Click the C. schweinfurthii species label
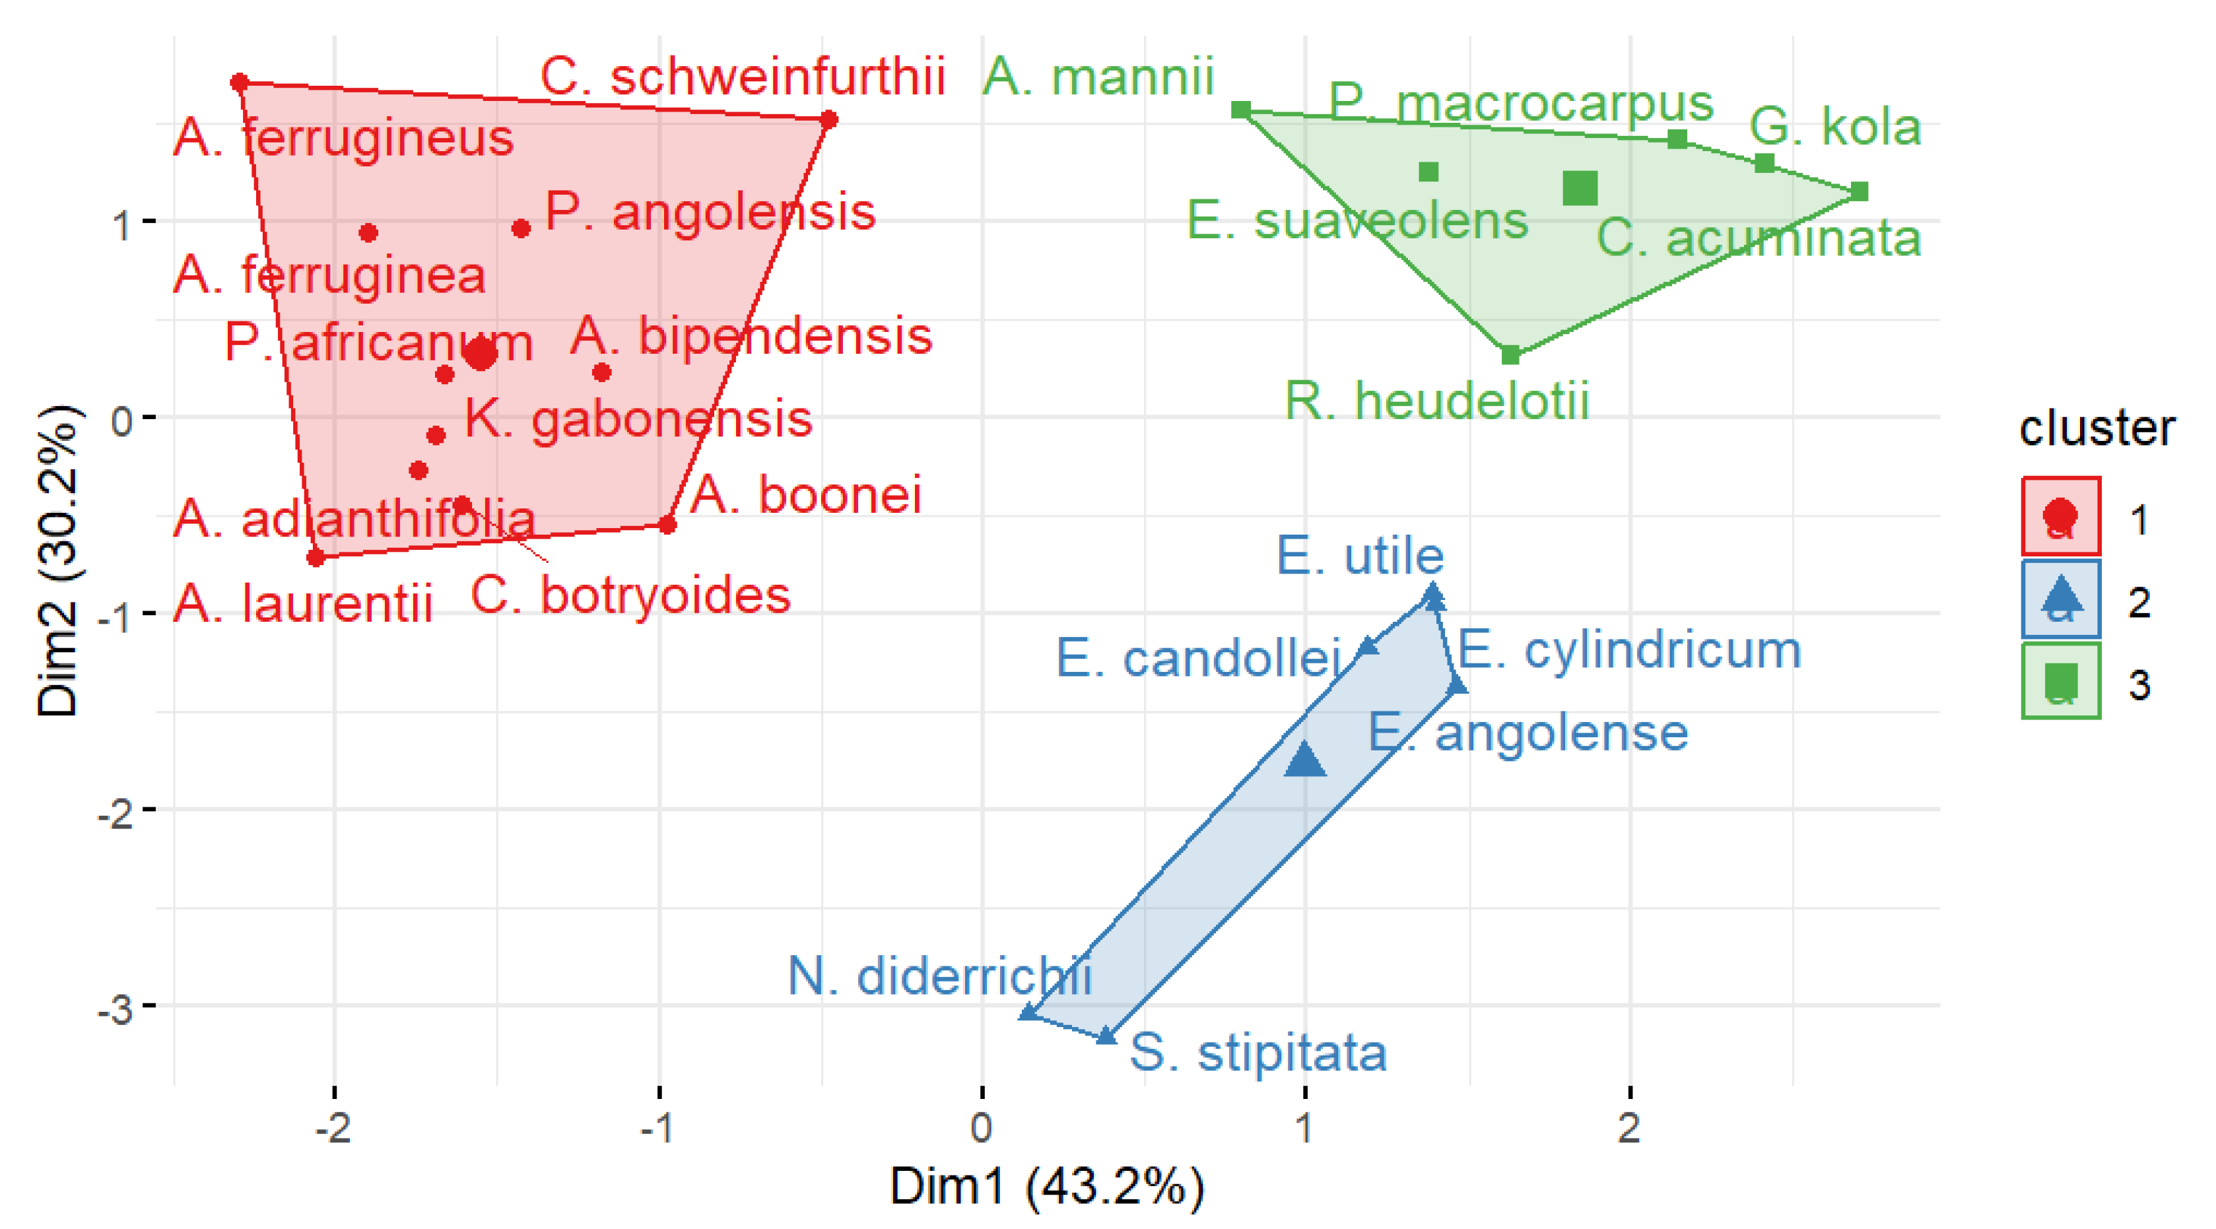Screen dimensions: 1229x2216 tap(743, 76)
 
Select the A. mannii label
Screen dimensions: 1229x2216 tap(1098, 76)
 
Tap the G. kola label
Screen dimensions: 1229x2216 tap(1835, 127)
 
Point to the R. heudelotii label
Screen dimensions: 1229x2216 tap(1436, 401)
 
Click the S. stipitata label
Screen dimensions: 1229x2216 tap(1258, 1052)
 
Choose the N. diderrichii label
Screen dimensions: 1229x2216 tap(939, 976)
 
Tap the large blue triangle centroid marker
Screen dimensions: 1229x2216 tap(1305, 760)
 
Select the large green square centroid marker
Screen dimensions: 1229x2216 tap(1580, 187)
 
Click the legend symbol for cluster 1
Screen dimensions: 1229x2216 tap(2060, 516)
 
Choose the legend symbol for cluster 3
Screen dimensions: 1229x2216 tap(2060, 681)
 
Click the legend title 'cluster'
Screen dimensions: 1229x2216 tap(2097, 428)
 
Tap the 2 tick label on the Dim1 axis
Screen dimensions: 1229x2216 tap(1629, 1127)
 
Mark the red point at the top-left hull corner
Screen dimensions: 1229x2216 tap(240, 83)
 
